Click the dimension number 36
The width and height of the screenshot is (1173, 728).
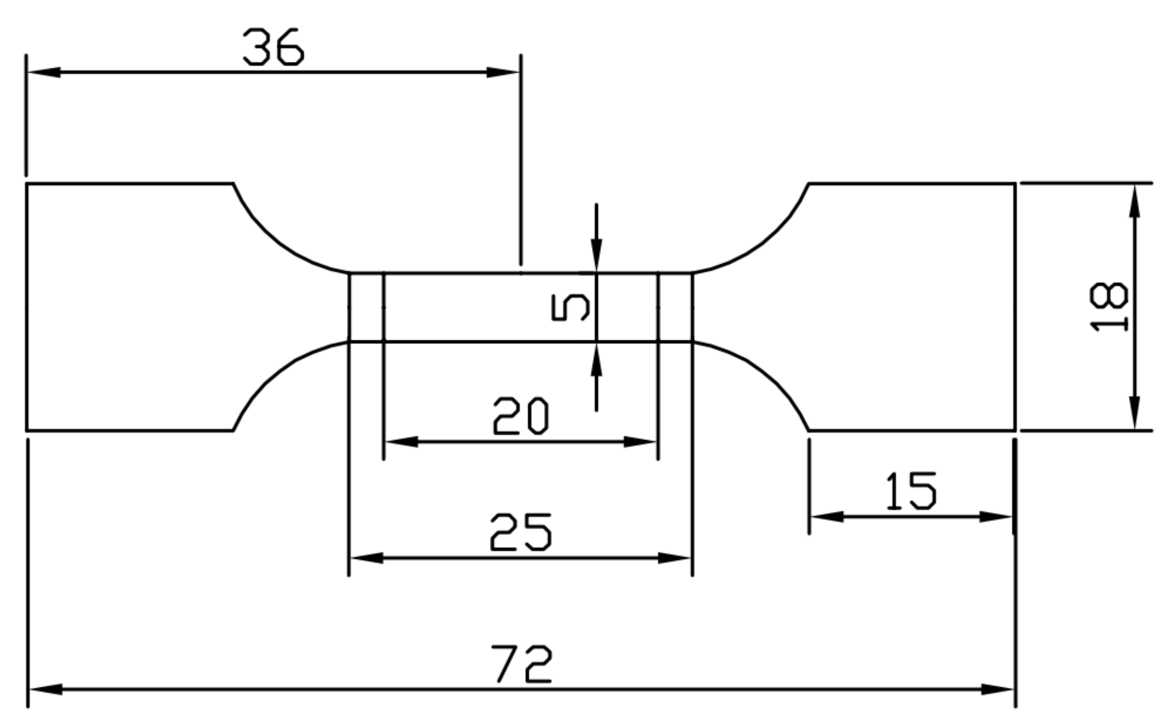click(273, 47)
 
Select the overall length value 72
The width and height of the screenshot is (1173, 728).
click(521, 664)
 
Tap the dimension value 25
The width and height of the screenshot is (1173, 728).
click(520, 532)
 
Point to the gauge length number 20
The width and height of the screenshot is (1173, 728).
click(520, 416)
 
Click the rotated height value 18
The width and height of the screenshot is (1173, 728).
click(1109, 307)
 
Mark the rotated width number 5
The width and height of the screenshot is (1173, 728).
click(570, 307)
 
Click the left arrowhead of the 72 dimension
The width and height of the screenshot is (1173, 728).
click(46, 689)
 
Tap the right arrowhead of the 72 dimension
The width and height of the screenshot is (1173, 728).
click(997, 689)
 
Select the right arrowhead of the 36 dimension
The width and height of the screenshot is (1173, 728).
click(502, 73)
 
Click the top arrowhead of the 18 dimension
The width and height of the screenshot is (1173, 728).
click(1134, 201)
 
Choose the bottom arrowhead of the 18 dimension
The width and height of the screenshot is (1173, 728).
click(1134, 413)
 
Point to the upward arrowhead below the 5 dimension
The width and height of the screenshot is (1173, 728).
click(596, 360)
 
